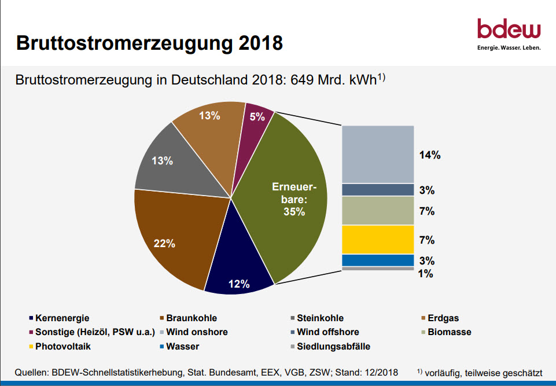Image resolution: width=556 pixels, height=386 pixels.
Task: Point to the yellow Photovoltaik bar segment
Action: point(378,240)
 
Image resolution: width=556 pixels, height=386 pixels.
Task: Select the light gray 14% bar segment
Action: point(378,155)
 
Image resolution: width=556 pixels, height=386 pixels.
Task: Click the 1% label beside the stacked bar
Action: point(426,274)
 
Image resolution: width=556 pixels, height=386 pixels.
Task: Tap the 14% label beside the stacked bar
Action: point(429,155)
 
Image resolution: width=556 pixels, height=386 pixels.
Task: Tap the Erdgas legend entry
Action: point(443,318)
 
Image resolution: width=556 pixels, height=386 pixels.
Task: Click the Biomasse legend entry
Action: point(449,332)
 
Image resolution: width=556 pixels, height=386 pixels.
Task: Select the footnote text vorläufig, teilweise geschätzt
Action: point(483,372)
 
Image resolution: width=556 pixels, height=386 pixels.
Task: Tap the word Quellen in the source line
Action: point(33,372)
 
